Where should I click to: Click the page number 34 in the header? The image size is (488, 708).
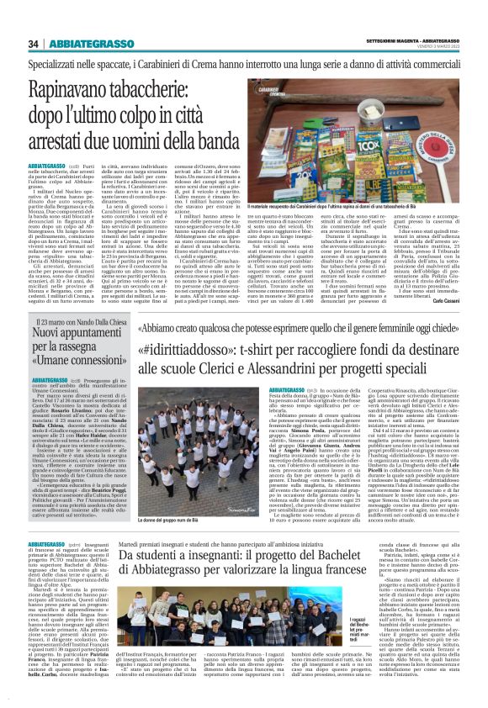coord(34,44)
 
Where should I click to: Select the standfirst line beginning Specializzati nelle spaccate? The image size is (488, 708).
coord(244,64)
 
